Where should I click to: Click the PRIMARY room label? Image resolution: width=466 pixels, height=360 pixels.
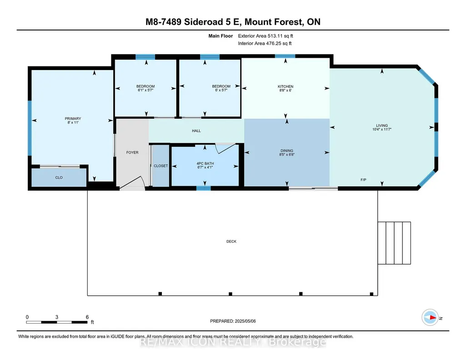[x=73, y=119]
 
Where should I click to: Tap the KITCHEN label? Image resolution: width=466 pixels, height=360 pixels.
[x=286, y=86]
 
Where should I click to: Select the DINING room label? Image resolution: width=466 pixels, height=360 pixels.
[x=286, y=150]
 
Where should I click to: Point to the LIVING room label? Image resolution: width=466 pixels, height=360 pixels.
[x=381, y=125]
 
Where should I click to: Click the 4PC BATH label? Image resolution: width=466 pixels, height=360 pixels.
[x=205, y=163]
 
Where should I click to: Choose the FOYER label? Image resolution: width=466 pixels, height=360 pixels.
[x=132, y=152]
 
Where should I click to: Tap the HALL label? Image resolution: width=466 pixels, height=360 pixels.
[x=196, y=131]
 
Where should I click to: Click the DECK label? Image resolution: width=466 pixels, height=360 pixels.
[x=231, y=241]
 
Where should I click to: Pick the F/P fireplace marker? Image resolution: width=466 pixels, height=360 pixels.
[x=363, y=180]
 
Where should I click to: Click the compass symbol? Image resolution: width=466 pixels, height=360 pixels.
[x=430, y=318]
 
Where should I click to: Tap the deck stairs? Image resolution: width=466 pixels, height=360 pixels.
[x=394, y=243]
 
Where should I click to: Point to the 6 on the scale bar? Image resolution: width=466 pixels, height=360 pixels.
[x=87, y=317]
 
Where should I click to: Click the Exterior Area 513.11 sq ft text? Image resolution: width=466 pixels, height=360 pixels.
[x=266, y=36]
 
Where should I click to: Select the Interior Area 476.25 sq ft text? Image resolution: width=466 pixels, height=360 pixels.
[x=265, y=43]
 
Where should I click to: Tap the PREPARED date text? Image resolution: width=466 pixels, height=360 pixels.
[x=233, y=321]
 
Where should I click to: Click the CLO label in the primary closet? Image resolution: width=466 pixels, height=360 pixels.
[x=59, y=178]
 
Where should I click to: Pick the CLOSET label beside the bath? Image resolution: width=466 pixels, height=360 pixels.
[x=161, y=166]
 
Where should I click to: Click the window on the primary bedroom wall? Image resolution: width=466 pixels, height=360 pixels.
[x=30, y=128]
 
